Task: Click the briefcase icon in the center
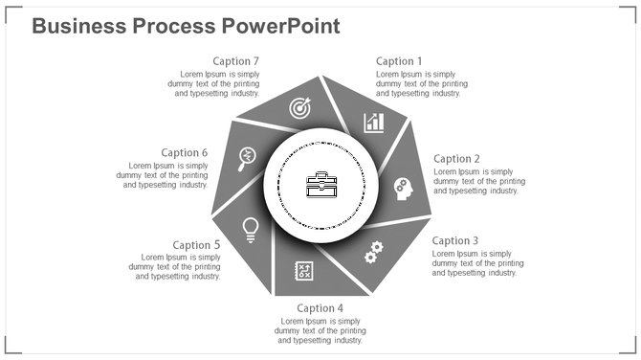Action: (321, 185)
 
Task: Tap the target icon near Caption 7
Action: (300, 109)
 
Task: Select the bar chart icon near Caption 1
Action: (374, 123)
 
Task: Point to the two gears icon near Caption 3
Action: (372, 252)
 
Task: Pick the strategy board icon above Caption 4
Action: (304, 270)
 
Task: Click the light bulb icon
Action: (251, 228)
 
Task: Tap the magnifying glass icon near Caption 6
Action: (248, 156)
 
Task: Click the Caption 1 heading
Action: (398, 61)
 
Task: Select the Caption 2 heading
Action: (456, 159)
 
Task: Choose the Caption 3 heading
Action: (455, 241)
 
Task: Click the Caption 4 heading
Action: (320, 308)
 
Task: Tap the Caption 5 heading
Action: (197, 245)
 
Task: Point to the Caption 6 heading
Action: (185, 152)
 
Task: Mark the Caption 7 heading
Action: (235, 61)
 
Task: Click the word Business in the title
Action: (79, 26)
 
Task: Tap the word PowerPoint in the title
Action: (286, 26)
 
